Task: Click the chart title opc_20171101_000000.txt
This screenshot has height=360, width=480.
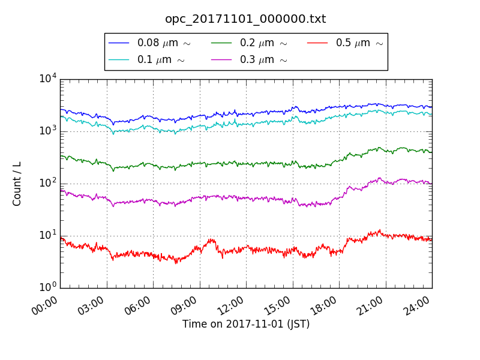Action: (x=245, y=19)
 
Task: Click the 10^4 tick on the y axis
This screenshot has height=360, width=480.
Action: (x=47, y=79)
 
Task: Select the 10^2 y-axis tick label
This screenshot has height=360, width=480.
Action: (x=47, y=183)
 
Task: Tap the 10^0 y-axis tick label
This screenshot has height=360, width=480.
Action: (x=47, y=287)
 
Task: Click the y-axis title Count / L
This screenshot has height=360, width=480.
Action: (x=17, y=184)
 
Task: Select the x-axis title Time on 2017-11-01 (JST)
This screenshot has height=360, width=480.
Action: (x=246, y=325)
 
